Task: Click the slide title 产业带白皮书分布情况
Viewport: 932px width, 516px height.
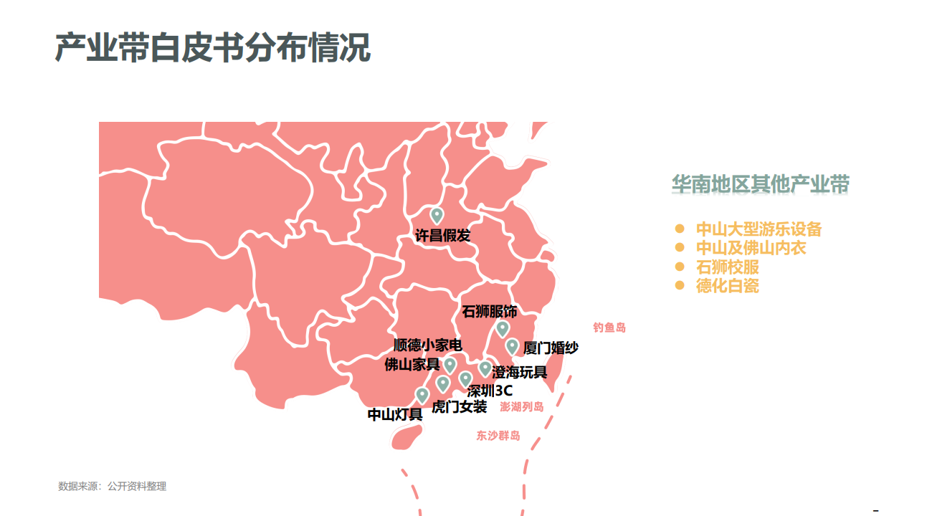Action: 213,48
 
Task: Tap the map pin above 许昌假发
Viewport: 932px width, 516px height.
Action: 437,214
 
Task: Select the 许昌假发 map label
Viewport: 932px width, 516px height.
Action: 443,235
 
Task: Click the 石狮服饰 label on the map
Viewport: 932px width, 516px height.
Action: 490,312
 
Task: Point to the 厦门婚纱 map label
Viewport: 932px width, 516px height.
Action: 551,348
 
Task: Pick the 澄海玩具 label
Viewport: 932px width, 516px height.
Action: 520,373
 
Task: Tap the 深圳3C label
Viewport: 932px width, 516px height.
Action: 490,391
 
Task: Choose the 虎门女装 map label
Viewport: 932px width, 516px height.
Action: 459,407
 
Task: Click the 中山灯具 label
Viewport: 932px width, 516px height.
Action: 395,415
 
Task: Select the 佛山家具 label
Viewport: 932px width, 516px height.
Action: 412,365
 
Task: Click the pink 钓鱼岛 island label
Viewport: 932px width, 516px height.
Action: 609,328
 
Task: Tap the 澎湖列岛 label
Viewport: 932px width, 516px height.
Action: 522,407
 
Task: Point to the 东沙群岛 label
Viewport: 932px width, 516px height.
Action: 498,435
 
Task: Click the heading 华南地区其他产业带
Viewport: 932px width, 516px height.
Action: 761,185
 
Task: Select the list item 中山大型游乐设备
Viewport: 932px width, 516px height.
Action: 759,229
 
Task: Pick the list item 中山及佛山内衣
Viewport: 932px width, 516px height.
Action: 751,248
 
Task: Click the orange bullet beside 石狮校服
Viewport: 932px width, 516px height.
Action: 680,267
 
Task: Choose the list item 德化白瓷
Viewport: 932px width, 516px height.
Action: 727,286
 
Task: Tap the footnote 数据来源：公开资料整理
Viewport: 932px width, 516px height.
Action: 112,487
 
